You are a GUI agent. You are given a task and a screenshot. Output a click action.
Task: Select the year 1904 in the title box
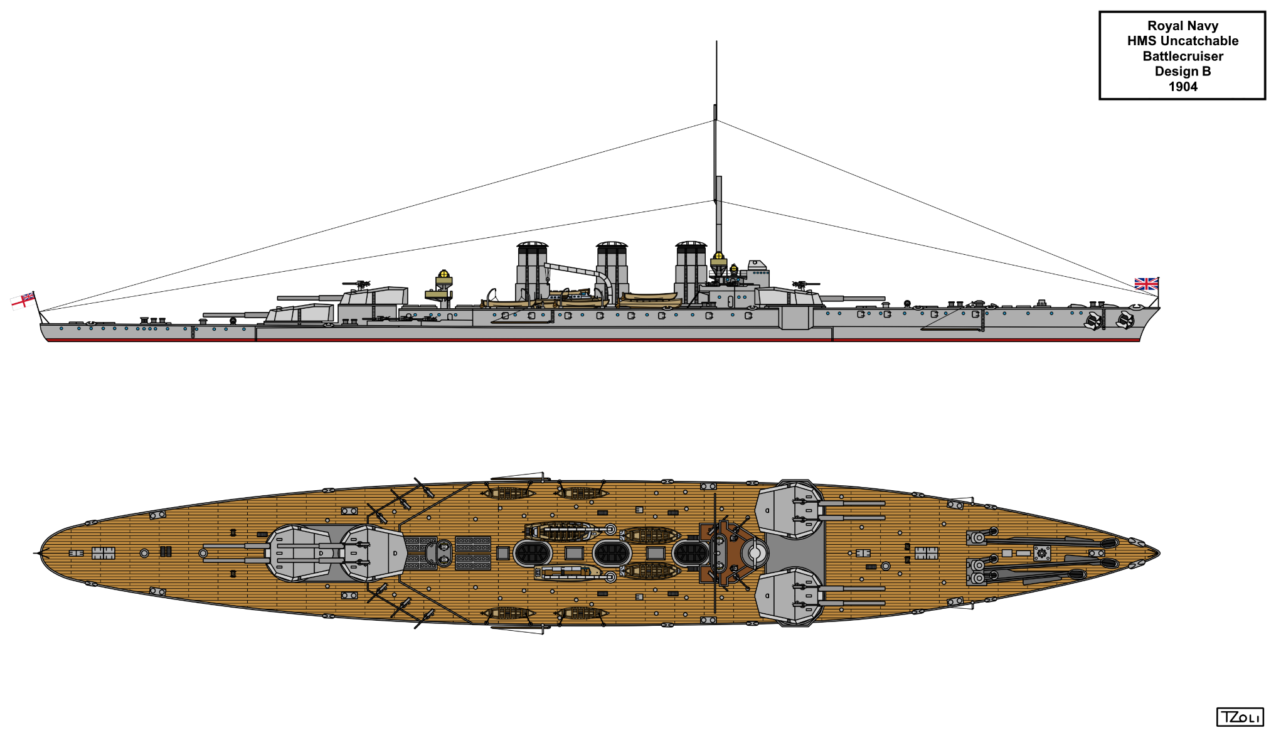(1183, 87)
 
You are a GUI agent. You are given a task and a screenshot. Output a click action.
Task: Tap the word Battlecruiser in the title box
(1183, 56)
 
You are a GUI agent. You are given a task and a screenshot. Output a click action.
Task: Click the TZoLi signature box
(1240, 717)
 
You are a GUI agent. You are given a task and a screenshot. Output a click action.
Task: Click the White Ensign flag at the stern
(23, 301)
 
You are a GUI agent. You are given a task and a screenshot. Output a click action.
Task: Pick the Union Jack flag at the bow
(1146, 284)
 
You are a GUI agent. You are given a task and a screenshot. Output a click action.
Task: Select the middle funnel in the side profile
(612, 272)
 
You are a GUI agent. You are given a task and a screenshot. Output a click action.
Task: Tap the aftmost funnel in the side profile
(532, 272)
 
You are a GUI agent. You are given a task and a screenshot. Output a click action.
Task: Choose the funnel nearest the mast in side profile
(691, 272)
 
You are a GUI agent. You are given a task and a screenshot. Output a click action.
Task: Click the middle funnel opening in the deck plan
(612, 553)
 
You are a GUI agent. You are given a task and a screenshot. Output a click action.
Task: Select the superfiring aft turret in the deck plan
(374, 553)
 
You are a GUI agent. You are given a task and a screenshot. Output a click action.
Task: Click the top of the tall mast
(716, 42)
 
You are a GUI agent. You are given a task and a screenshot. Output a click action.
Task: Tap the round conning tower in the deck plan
(755, 553)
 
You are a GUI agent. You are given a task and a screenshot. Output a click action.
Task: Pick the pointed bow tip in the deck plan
(1159, 553)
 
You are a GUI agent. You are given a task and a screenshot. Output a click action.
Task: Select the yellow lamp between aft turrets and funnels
(444, 274)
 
